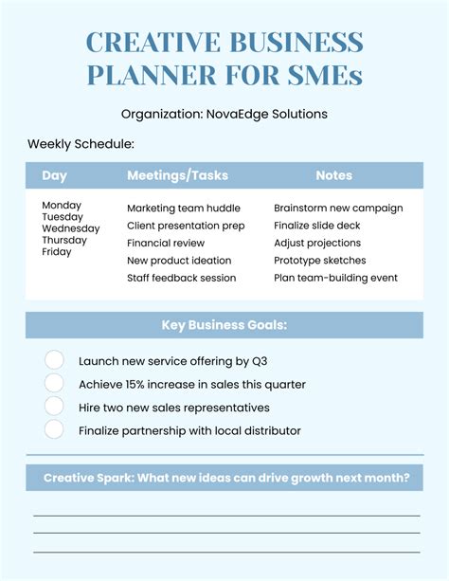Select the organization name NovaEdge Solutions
tap(268, 114)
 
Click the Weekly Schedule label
tap(81, 144)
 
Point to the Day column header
tap(55, 175)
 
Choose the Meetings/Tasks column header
tap(177, 175)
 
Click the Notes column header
tap(333, 175)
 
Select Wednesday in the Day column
tap(71, 228)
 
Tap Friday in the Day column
tap(57, 252)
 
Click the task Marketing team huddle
tap(184, 209)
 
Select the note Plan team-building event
tap(335, 278)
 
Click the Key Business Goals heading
tap(224, 326)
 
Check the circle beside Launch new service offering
tap(55, 360)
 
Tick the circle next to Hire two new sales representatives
tap(55, 407)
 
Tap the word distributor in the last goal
tap(270, 430)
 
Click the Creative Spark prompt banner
tap(224, 478)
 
